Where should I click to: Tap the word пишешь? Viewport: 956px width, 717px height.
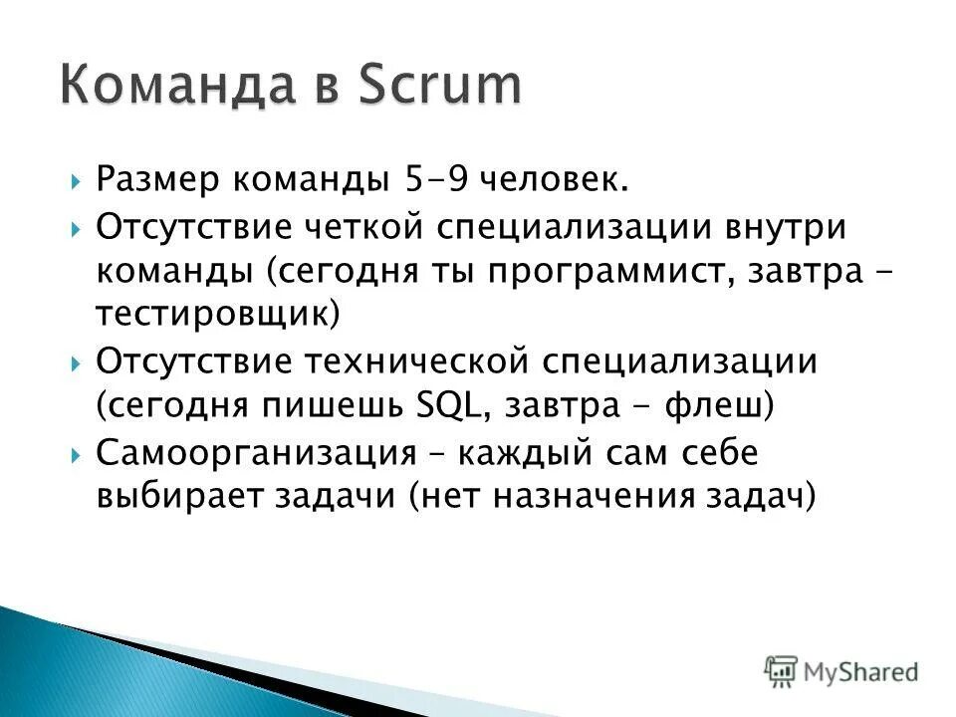coord(324,406)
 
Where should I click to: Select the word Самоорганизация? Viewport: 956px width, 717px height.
coord(256,452)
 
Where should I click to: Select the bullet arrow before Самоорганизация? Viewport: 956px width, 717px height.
coord(77,454)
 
